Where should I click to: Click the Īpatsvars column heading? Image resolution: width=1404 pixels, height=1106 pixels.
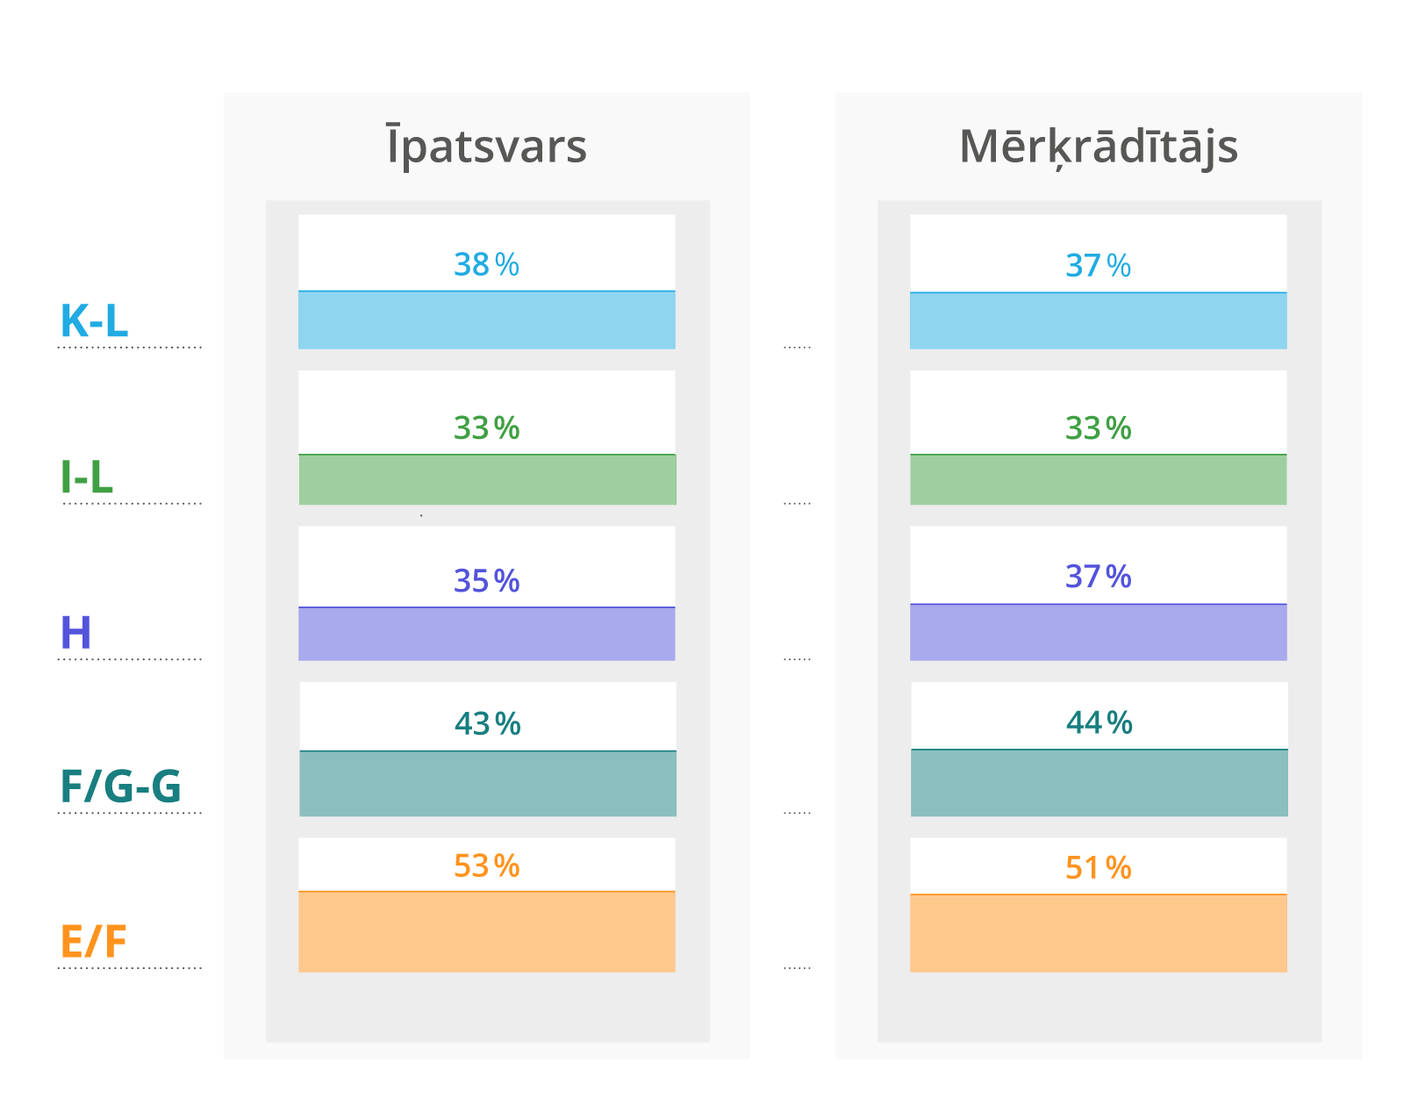[486, 147]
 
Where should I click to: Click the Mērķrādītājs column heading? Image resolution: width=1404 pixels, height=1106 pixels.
[1098, 147]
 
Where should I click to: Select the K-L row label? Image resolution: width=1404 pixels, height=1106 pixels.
[94, 320]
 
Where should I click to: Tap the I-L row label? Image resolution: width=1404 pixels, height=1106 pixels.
[87, 477]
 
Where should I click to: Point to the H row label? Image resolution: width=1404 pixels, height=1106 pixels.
[75, 632]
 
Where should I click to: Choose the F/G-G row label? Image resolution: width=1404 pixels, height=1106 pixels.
[120, 786]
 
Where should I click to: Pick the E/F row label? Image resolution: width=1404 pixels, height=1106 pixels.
[93, 942]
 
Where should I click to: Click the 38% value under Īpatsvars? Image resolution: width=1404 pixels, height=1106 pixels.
[486, 264]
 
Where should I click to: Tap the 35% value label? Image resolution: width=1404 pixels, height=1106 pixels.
[486, 581]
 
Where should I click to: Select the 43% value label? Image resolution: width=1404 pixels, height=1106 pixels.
[487, 724]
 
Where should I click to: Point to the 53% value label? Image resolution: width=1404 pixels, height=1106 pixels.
[486, 866]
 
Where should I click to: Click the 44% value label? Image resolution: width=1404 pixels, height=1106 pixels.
[1099, 722]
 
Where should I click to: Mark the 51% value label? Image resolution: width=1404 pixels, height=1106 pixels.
[1098, 868]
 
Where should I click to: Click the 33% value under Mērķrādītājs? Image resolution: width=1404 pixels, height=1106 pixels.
[1098, 428]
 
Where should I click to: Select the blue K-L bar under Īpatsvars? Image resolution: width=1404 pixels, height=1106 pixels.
[486, 320]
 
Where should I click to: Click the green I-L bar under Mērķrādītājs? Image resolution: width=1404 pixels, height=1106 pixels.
[1098, 479]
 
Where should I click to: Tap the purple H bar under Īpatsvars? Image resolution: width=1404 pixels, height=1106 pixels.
[486, 634]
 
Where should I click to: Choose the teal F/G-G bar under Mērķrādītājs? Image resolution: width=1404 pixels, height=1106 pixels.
[1099, 783]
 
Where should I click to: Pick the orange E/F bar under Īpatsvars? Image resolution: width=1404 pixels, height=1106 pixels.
[486, 931]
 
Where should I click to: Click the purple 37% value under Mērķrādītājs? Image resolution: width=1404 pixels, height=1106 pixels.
[1098, 577]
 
